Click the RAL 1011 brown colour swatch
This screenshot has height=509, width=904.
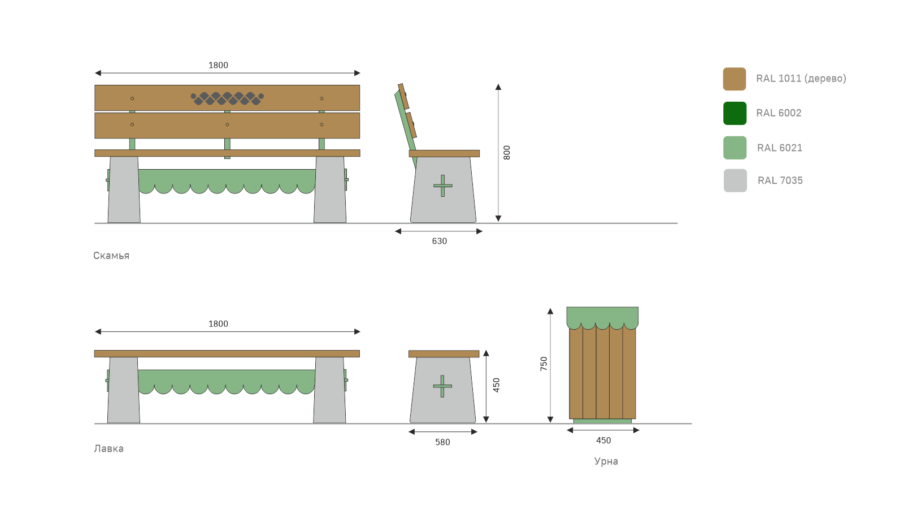(734, 79)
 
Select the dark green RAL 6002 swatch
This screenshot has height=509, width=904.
(734, 113)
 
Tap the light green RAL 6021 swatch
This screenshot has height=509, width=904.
(734, 148)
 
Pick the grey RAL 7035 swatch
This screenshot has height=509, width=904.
(735, 180)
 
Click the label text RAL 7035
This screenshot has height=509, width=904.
(780, 180)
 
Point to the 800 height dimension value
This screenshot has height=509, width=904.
(507, 153)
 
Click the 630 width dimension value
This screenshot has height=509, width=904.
(439, 241)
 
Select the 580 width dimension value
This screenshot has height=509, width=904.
(442, 442)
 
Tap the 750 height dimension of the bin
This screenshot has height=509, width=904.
(544, 364)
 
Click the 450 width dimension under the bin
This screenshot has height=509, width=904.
(603, 441)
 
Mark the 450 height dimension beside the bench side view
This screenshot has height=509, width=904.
(496, 385)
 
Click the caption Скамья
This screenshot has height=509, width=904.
(111, 256)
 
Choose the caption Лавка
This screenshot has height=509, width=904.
(108, 448)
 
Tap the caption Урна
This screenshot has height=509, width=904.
(606, 461)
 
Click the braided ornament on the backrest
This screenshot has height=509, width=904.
(227, 98)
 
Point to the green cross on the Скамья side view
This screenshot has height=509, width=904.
(442, 186)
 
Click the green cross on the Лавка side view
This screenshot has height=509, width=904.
(442, 386)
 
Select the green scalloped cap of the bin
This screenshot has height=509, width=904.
(602, 316)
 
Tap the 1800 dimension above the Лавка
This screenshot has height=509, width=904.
(218, 324)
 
